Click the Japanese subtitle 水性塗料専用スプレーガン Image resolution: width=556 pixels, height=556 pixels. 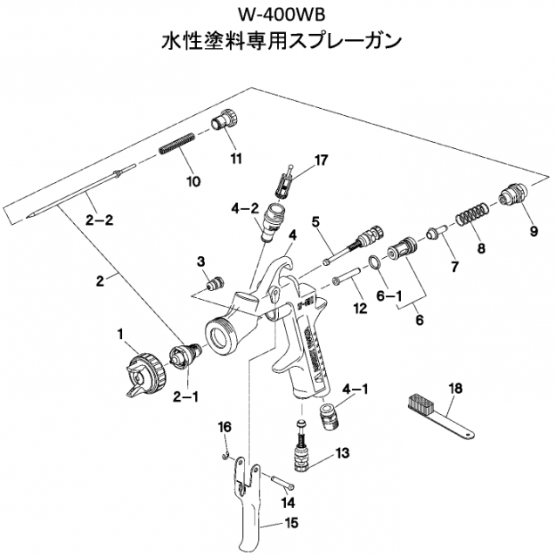[277, 42]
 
